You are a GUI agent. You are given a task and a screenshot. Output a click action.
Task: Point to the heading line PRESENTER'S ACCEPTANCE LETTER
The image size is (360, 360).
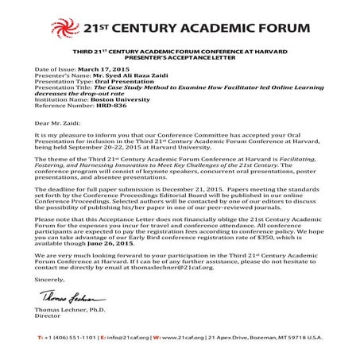pos(179,58)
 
